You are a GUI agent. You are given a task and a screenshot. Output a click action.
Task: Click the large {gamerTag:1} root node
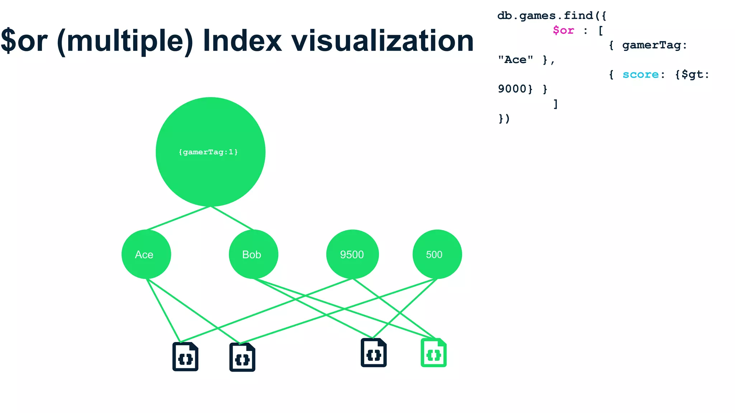pos(210,152)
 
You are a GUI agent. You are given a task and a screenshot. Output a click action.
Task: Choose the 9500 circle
pos(352,254)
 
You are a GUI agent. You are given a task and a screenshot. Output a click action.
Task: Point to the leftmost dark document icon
pos(185,357)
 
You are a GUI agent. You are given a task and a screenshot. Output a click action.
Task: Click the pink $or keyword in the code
pos(563,30)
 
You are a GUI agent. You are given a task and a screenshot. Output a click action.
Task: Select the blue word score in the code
pos(640,75)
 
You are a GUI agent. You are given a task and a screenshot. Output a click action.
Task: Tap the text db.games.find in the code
pos(545,16)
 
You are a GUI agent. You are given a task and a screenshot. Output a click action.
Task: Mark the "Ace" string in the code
pos(515,60)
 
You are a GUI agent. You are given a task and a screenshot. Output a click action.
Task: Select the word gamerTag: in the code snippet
pos(654,45)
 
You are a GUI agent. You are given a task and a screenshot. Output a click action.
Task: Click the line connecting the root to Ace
pos(178,218)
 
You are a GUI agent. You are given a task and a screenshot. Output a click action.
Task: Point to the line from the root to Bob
pos(232,218)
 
